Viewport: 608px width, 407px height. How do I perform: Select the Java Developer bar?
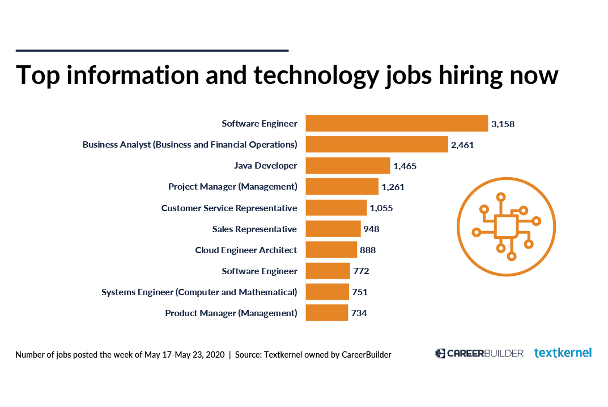[348, 166]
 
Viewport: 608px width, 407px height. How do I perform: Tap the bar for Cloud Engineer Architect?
[331, 250]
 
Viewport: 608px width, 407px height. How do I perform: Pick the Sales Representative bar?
[333, 229]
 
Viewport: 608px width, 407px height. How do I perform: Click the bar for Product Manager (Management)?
[327, 313]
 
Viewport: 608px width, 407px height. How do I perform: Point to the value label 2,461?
[462, 145]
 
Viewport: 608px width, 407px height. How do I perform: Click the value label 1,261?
[393, 187]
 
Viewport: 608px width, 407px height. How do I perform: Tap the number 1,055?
[381, 208]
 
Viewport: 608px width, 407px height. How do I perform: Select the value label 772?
[361, 271]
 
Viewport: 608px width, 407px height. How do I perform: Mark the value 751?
[359, 292]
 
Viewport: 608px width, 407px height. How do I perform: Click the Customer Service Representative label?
[229, 208]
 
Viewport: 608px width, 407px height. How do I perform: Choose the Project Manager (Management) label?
[232, 187]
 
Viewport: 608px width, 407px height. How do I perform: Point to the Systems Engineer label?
[199, 292]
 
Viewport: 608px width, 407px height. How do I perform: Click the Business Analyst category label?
[190, 145]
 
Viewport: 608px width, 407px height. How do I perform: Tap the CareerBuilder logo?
[479, 353]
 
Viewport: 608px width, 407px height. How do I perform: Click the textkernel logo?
[563, 353]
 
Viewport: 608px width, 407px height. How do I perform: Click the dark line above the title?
[152, 51]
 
